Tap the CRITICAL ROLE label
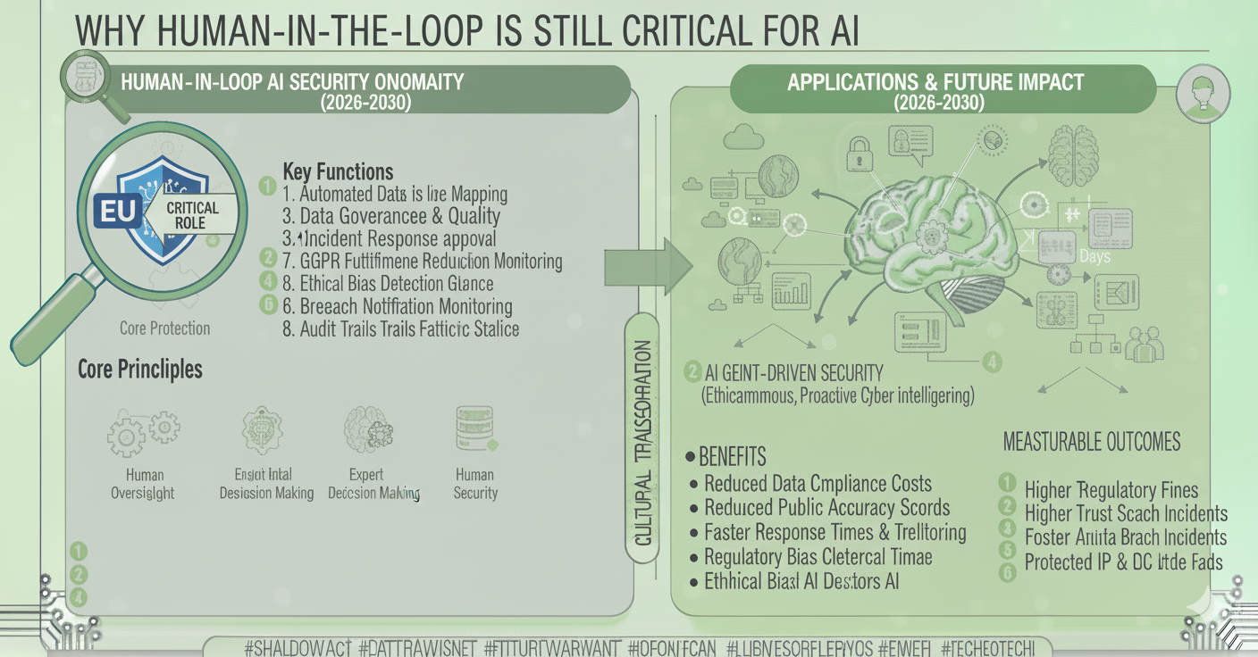190,214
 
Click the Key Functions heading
337,171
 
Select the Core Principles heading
140,369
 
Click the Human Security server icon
475,429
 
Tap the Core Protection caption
164,328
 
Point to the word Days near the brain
1094,256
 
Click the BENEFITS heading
732,457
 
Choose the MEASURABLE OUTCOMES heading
1091,441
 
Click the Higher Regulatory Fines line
1111,489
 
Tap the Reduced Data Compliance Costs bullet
818,484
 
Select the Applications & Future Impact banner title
935,83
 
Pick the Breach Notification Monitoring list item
406,306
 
